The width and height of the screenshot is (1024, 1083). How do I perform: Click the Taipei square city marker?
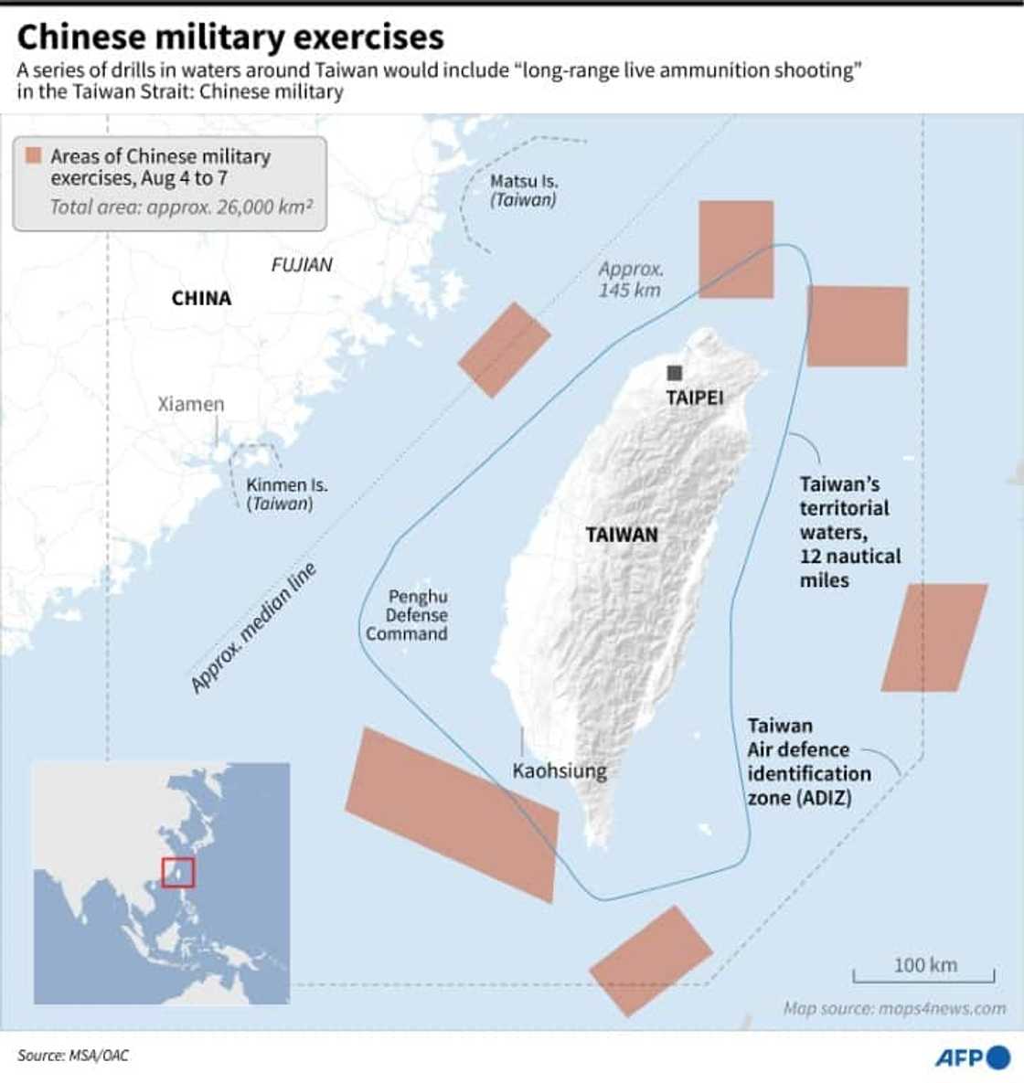(x=675, y=373)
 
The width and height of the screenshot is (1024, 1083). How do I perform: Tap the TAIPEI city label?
(x=694, y=398)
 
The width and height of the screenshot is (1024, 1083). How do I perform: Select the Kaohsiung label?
(x=559, y=770)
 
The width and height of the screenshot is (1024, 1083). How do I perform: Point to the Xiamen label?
(x=190, y=404)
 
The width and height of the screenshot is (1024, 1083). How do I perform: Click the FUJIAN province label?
(x=302, y=265)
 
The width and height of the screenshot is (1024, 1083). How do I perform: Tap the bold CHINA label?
(x=201, y=298)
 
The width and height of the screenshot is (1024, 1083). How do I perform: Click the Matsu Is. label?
(x=523, y=190)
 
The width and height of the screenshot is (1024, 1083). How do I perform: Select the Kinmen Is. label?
(x=285, y=494)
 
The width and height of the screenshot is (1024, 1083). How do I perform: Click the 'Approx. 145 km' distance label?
(x=630, y=280)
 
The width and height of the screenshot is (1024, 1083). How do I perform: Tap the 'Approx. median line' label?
(x=253, y=628)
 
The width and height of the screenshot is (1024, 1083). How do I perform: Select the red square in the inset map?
(x=177, y=872)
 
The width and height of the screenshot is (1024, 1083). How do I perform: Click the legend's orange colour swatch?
(x=34, y=155)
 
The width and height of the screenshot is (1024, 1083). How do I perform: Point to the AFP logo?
(x=971, y=1056)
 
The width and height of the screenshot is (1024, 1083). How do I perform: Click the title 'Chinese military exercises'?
(x=230, y=37)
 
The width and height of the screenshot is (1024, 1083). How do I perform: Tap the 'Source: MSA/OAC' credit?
(x=73, y=1056)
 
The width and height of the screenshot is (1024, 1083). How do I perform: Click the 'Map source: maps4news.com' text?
(x=893, y=1008)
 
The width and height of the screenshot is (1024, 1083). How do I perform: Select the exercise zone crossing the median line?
(x=504, y=350)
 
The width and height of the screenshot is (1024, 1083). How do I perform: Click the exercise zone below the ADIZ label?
(x=650, y=960)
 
